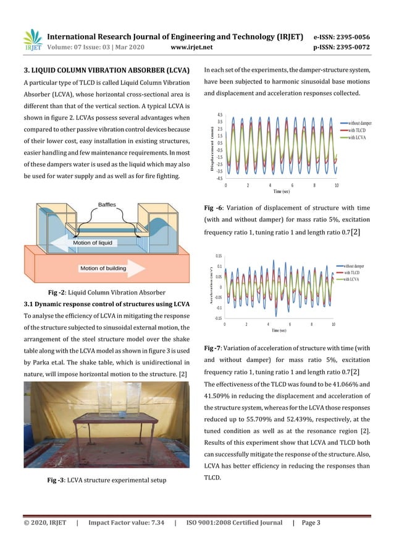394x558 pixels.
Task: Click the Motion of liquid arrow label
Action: point(93,243)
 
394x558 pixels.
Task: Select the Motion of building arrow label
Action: point(111,268)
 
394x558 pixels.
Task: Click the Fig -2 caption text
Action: point(106,292)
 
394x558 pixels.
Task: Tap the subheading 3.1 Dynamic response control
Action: point(106,304)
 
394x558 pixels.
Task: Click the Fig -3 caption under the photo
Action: point(106,481)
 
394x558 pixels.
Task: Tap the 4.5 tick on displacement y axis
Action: point(220,115)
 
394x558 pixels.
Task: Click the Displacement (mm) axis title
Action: point(211,147)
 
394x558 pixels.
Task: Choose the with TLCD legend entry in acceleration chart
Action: point(351,272)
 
